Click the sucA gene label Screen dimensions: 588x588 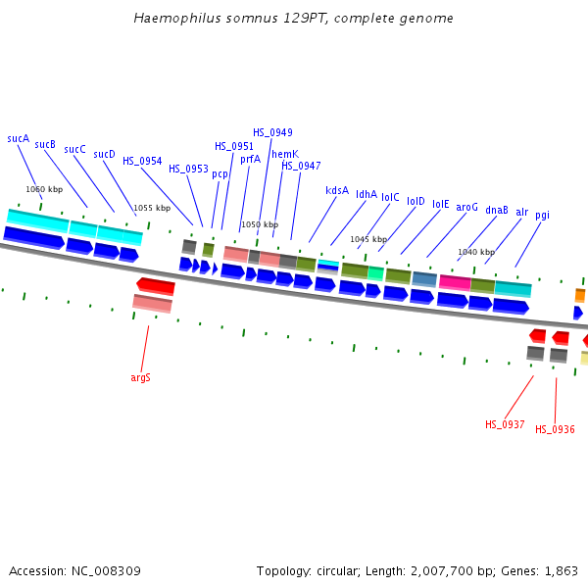click(x=18, y=139)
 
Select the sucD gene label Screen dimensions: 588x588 click(x=104, y=155)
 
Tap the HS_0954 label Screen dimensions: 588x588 click(x=142, y=161)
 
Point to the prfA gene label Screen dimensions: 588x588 click(x=250, y=159)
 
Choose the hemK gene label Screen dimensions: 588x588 click(x=285, y=154)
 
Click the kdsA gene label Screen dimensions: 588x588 click(x=337, y=190)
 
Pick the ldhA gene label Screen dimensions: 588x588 click(x=367, y=194)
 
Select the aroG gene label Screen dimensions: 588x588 click(x=467, y=207)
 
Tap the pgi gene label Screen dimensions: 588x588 click(x=543, y=215)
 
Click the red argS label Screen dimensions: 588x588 click(x=140, y=377)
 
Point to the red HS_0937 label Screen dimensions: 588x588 click(x=505, y=424)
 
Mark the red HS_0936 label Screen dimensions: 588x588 click(x=555, y=429)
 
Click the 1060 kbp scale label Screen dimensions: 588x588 click(x=44, y=189)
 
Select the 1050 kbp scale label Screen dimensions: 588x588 click(x=259, y=224)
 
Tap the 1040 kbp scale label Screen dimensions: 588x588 click(x=476, y=252)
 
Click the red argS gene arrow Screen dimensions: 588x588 click(x=156, y=286)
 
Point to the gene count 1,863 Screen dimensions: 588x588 click(x=560, y=570)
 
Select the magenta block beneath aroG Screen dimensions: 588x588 click(x=455, y=282)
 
